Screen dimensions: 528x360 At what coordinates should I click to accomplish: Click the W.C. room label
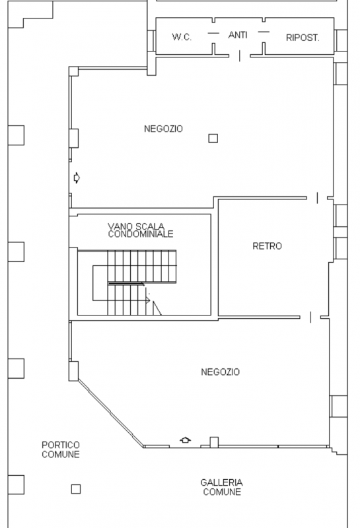coord(182,38)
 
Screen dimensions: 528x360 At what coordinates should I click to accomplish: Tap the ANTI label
coord(238,34)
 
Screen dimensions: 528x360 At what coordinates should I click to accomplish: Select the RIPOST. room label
coord(303,38)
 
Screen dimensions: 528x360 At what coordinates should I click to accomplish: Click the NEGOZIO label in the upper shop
coord(163,129)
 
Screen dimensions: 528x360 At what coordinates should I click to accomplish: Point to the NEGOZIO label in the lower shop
coord(220,372)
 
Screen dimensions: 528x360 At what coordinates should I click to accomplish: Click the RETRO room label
coord(267,246)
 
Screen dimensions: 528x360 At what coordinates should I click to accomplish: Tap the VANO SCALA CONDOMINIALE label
coord(141,230)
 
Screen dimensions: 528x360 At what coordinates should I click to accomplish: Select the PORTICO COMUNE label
coord(61,449)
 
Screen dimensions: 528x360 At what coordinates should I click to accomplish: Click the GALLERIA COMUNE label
coord(222,487)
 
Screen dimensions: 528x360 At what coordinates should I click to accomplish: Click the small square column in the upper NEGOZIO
coord(213,138)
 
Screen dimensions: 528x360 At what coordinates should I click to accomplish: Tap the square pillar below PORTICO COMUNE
coord(76,489)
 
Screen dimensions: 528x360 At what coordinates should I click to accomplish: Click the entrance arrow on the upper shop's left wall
coord(77,177)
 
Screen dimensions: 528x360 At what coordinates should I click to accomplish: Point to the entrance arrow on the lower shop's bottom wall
coord(186,440)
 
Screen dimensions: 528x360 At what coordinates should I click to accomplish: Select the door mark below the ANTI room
coord(239,56)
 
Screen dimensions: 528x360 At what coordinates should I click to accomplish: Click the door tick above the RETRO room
coord(318,197)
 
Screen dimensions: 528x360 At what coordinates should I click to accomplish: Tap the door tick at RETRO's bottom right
coord(310,317)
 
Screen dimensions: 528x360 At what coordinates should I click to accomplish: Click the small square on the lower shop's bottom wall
coord(213,442)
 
